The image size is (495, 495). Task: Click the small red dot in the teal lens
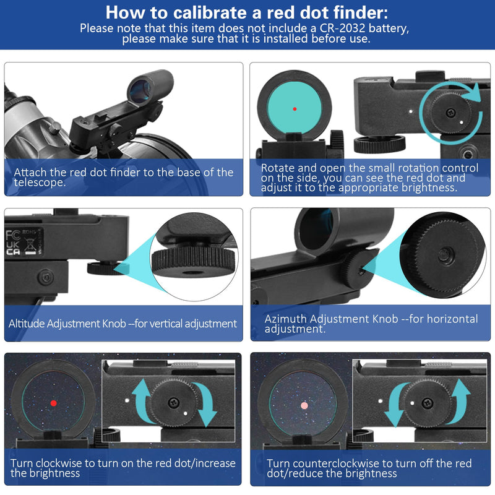pos(295,109)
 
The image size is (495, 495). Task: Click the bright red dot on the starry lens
pos(53,403)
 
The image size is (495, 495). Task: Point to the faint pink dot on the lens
pos(303,406)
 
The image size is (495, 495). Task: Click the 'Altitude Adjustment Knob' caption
pos(123,324)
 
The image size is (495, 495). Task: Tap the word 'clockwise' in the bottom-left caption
pos(61,463)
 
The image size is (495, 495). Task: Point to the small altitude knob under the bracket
pos(100,267)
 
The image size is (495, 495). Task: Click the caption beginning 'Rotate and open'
pos(369,178)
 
